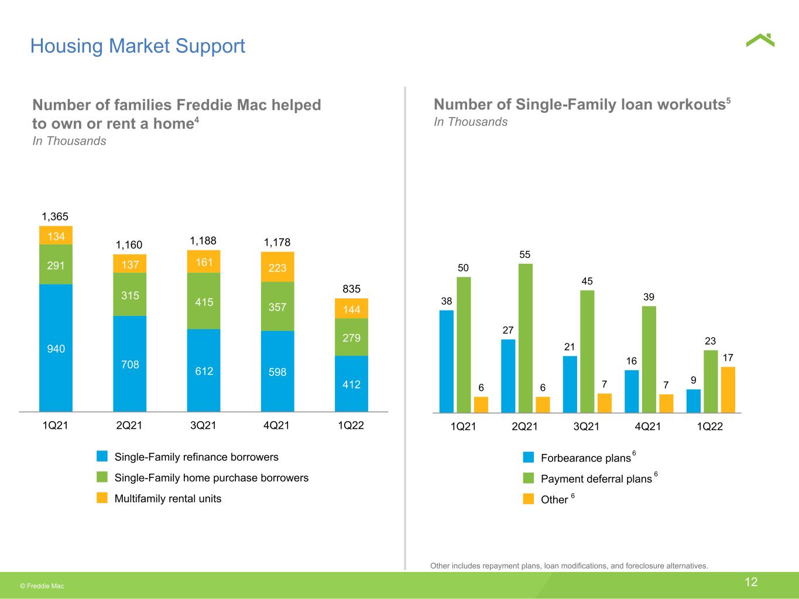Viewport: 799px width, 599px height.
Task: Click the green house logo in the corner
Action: pyautogui.click(x=760, y=41)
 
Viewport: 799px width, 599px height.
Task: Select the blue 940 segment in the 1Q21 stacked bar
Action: pyautogui.click(x=56, y=347)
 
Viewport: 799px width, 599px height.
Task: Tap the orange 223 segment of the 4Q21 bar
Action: pyautogui.click(x=277, y=267)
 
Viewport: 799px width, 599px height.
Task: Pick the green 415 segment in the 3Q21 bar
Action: pyautogui.click(x=204, y=301)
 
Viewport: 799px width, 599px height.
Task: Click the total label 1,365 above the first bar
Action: pyautogui.click(x=55, y=217)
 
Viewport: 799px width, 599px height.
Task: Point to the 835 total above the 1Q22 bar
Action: pyautogui.click(x=351, y=289)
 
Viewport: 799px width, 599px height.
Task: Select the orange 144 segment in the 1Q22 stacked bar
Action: pyautogui.click(x=351, y=308)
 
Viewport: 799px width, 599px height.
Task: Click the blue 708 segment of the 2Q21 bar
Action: pyautogui.click(x=129, y=364)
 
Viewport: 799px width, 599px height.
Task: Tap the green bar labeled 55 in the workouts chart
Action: pyautogui.click(x=525, y=338)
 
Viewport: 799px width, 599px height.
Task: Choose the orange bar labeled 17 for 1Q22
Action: pyautogui.click(x=728, y=390)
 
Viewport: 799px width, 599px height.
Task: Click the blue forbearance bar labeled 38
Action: pyautogui.click(x=446, y=362)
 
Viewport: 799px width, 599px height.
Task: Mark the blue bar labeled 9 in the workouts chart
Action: pyautogui.click(x=694, y=401)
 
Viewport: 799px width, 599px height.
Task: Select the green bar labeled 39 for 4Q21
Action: pyautogui.click(x=649, y=359)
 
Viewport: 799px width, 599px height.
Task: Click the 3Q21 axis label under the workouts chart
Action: pyautogui.click(x=586, y=426)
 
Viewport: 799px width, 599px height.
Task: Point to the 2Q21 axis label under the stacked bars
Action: pyautogui.click(x=129, y=425)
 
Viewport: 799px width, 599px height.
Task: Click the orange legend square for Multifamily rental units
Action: pyautogui.click(x=102, y=498)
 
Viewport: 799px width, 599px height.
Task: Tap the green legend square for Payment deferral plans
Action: pyautogui.click(x=528, y=478)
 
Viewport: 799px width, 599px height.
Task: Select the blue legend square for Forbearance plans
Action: pyautogui.click(x=528, y=457)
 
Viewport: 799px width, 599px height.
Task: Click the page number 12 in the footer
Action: pyautogui.click(x=751, y=582)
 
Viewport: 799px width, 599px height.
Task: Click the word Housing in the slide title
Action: pyautogui.click(x=67, y=47)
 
